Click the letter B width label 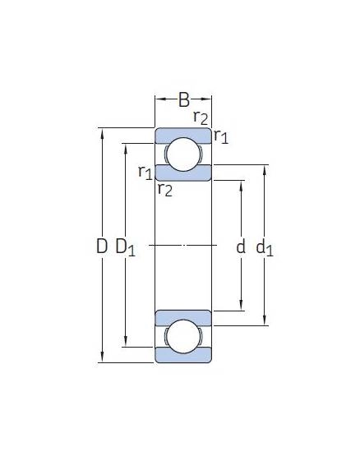[x=184, y=100]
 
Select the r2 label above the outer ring [x=201, y=117]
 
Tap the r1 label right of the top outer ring [x=220, y=136]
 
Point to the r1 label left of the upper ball [x=145, y=172]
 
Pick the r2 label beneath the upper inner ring [x=164, y=190]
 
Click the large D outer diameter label [x=101, y=246]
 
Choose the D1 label [x=125, y=247]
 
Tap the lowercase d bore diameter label [x=241, y=247]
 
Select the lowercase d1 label [x=264, y=247]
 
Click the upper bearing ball [x=184, y=154]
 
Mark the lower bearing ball [x=184, y=337]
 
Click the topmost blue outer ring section [x=184, y=134]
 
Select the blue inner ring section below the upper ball [x=184, y=173]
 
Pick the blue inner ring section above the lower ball [x=184, y=318]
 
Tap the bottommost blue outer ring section [x=184, y=356]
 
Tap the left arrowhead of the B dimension [x=159, y=100]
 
